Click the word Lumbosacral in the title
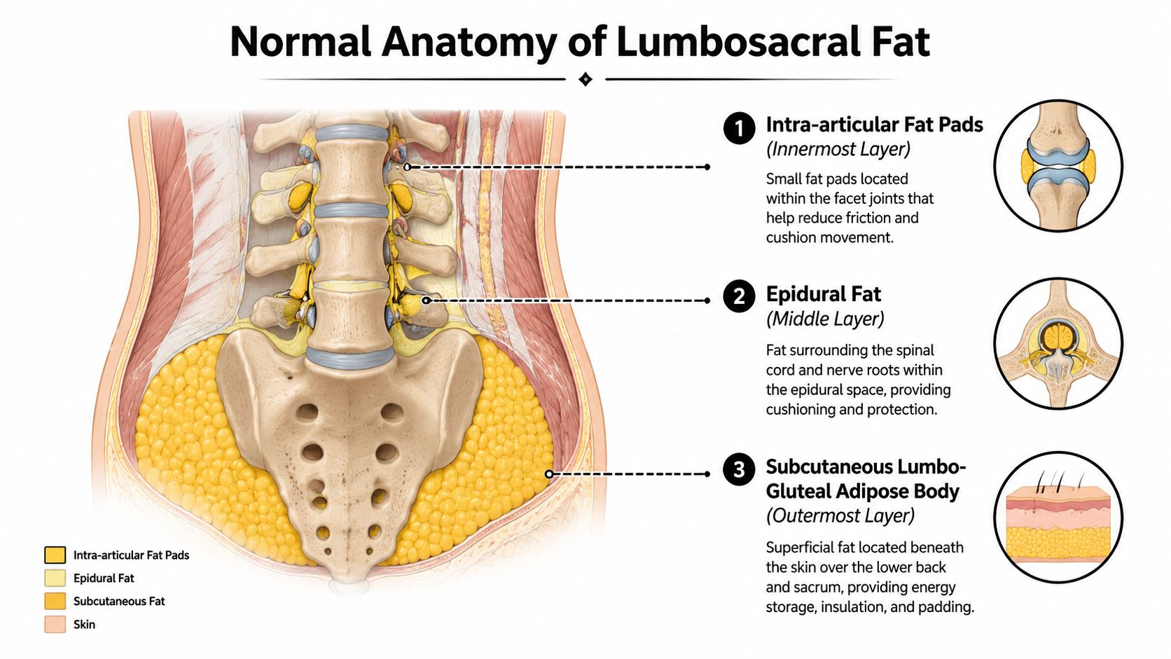pyautogui.click(x=738, y=42)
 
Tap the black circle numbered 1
pyautogui.click(x=739, y=128)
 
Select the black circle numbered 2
pyautogui.click(x=739, y=296)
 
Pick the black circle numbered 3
pyautogui.click(x=739, y=469)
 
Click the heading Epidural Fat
pyautogui.click(x=824, y=294)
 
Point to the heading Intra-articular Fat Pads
pyautogui.click(x=875, y=125)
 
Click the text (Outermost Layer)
pyautogui.click(x=840, y=516)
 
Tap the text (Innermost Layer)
pyautogui.click(x=838, y=149)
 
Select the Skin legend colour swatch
pyautogui.click(x=55, y=624)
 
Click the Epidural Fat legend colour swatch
pyautogui.click(x=55, y=578)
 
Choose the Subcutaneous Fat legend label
pyautogui.click(x=119, y=601)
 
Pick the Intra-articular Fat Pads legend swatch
pyautogui.click(x=55, y=555)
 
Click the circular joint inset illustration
pyautogui.click(x=1058, y=165)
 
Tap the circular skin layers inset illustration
pyautogui.click(x=1058, y=518)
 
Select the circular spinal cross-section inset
pyautogui.click(x=1058, y=343)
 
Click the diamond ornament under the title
pyautogui.click(x=585, y=79)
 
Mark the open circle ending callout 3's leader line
pyautogui.click(x=549, y=474)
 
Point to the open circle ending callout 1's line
pyautogui.click(x=408, y=167)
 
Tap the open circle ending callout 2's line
pyautogui.click(x=426, y=300)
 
